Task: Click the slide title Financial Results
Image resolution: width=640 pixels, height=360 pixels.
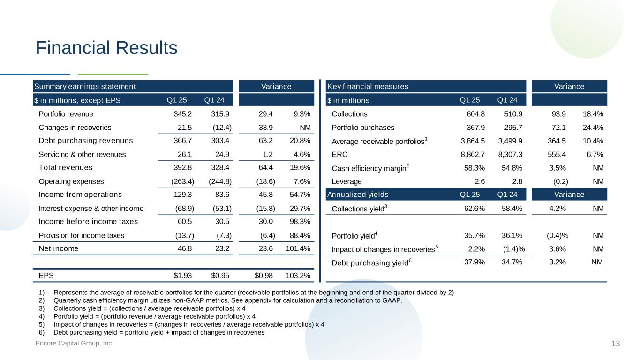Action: pos(106,48)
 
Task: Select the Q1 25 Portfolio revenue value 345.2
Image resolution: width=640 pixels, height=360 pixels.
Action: pos(182,114)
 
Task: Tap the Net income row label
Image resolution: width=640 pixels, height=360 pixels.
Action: pos(58,248)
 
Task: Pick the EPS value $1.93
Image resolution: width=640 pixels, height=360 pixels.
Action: pos(182,276)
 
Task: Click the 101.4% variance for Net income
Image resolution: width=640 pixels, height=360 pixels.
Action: pos(298,248)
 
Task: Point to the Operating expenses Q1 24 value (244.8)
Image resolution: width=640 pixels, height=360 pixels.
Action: pos(220,181)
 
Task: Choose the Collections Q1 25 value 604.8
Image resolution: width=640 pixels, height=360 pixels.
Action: pos(476,114)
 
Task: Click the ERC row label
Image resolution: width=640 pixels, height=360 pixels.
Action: pos(339,155)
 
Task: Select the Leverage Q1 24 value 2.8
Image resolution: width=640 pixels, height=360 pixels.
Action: pos(517,181)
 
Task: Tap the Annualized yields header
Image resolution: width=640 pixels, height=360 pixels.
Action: pos(358,195)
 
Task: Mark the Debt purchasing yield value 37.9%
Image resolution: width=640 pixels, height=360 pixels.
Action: pos(474,262)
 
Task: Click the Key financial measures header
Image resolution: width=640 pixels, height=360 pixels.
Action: pos(368,86)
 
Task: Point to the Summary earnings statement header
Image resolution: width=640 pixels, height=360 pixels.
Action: pos(85,86)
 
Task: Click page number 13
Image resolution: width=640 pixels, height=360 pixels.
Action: pos(616,344)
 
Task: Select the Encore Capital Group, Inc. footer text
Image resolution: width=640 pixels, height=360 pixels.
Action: pos(75,343)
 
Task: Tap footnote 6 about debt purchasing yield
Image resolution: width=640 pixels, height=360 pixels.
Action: pos(152,332)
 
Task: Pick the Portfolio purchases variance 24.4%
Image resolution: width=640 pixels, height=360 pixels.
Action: pos(593,127)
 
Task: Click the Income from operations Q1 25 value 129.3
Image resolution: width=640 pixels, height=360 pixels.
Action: pos(182,195)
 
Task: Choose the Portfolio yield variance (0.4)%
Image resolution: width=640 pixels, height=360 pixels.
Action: pos(557,235)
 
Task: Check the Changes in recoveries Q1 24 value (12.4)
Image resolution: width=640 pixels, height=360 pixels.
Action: pos(222,127)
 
